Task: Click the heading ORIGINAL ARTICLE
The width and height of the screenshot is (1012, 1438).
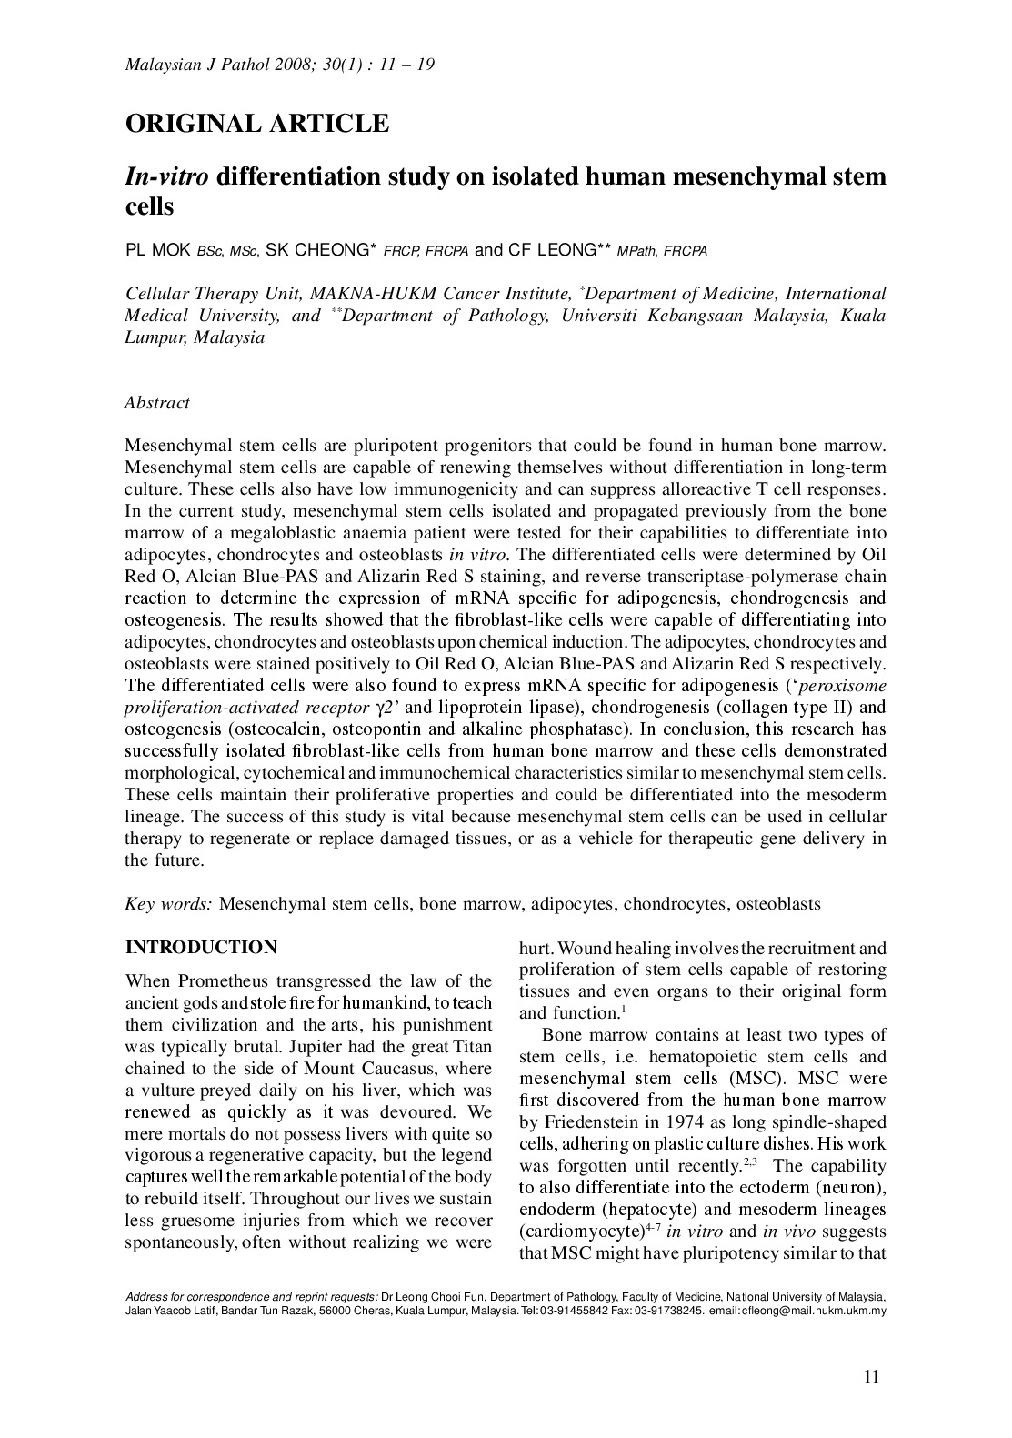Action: point(257,124)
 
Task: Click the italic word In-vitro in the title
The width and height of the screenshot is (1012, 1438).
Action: point(166,176)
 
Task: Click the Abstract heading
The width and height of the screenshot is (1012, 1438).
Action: point(157,403)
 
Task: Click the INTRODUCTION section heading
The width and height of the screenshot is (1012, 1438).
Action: point(201,948)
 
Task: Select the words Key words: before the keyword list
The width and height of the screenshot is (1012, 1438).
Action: point(168,904)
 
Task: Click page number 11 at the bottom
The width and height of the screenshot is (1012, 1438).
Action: point(871,1377)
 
